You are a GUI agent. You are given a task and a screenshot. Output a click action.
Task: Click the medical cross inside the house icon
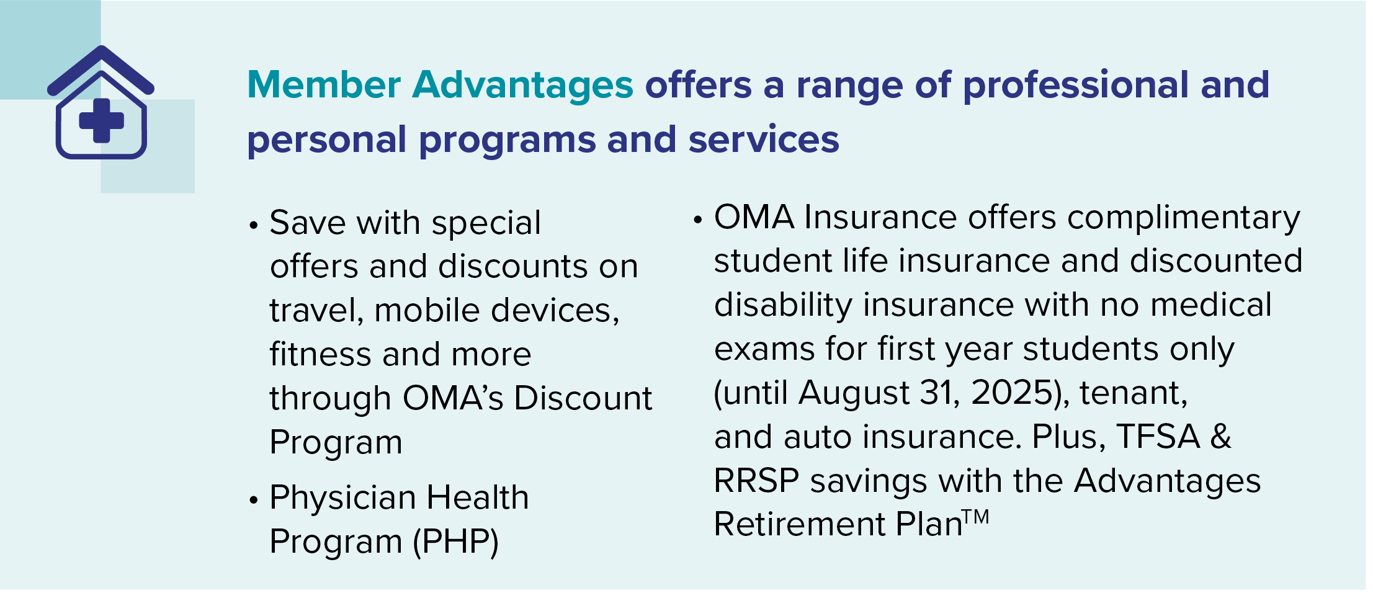(x=102, y=120)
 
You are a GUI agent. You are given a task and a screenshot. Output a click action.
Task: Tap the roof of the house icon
(x=101, y=69)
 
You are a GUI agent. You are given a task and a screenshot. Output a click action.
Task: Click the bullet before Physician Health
(x=253, y=499)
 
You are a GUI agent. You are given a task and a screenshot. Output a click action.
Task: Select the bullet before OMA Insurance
(x=698, y=219)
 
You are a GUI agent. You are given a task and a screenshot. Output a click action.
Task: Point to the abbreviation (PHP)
(x=456, y=542)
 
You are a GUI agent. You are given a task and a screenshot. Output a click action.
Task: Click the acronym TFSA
(x=1158, y=437)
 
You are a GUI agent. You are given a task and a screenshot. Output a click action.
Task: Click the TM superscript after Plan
(x=976, y=517)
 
